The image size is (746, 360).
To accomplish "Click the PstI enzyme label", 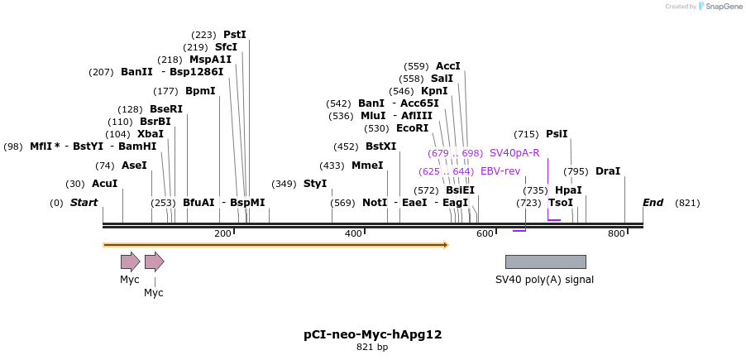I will coord(235,35).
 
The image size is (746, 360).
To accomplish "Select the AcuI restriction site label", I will coord(104,184).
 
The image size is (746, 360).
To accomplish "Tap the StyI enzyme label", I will coord(315,184).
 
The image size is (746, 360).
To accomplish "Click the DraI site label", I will coord(608,171).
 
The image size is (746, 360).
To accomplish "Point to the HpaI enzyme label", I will coord(568,190).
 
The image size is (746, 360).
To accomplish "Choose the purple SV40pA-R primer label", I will coord(514,153).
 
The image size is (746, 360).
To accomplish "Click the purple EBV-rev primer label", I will coord(500,171).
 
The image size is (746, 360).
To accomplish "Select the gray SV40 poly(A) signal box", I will coord(545,262).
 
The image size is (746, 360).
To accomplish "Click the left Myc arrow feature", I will coord(130,262).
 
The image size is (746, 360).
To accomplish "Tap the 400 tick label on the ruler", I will coord(353,234).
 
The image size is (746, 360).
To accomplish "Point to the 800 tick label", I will coord(616,234).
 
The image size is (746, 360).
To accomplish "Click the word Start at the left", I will coord(84,203).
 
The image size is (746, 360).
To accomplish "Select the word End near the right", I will coord(653,203).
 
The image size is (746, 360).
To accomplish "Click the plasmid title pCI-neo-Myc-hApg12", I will coord(372,334).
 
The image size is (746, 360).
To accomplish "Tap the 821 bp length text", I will coord(372,348).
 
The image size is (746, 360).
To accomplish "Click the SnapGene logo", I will coord(720,7).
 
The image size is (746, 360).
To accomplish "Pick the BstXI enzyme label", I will coord(380,146).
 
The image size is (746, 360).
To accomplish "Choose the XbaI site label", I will coord(151,134).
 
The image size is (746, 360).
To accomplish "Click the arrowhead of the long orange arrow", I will coord(445,245).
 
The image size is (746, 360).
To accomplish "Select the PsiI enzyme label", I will coord(557,134).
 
